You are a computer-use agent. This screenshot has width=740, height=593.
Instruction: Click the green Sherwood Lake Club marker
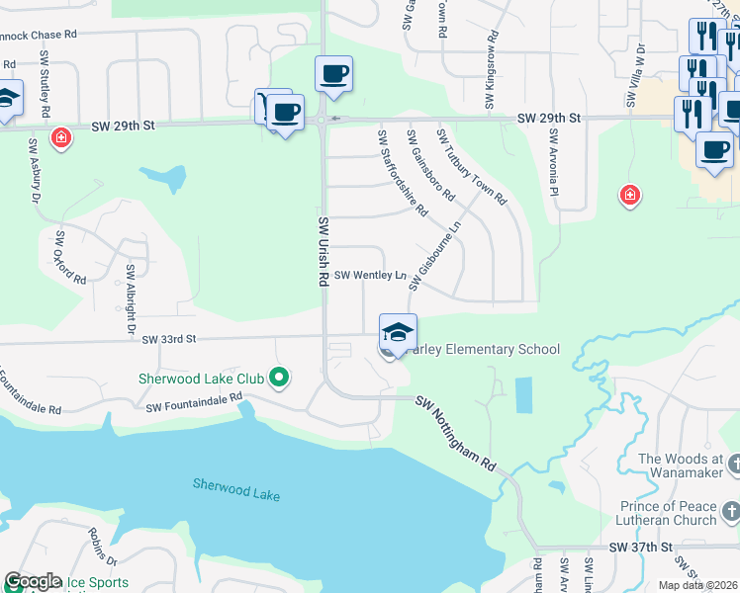280,377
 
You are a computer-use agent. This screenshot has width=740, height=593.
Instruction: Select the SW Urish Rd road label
323,252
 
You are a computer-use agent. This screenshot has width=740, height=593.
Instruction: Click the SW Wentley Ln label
370,276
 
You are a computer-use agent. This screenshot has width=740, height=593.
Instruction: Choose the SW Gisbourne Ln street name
434,256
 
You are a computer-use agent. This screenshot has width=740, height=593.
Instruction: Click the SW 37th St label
640,547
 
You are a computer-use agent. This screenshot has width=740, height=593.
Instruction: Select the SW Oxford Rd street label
70,258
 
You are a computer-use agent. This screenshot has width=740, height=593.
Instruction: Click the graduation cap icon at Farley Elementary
398,332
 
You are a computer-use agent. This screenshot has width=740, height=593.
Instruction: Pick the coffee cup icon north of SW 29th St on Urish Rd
334,73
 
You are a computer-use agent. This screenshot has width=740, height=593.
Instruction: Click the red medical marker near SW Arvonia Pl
629,196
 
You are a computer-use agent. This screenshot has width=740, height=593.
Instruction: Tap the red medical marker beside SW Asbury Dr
61,137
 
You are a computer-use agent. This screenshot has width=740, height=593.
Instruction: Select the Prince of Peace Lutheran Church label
666,512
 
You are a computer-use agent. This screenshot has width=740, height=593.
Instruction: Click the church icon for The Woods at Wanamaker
732,464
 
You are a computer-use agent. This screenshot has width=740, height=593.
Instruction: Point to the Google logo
33,582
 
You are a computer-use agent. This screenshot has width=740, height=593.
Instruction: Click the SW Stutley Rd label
46,85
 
